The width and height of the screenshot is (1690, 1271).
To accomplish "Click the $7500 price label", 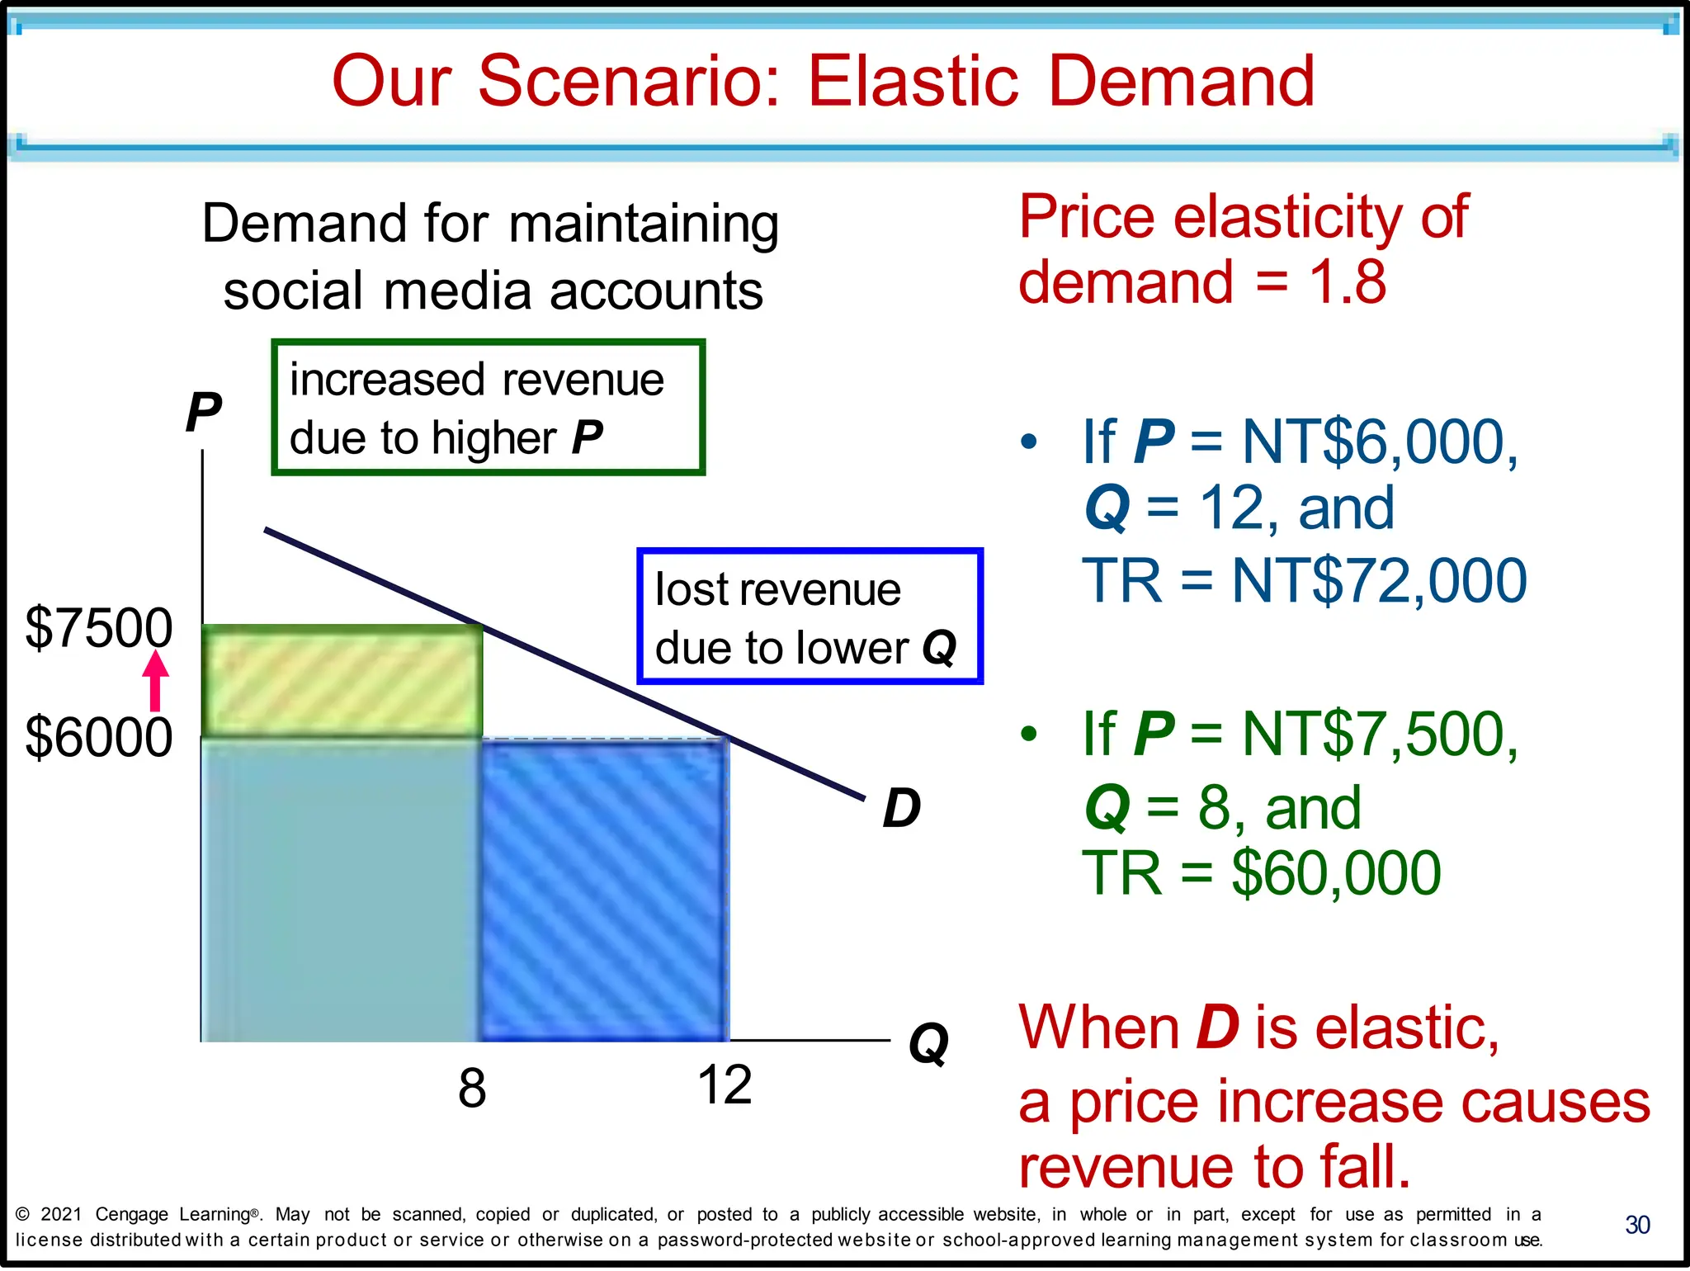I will [99, 628].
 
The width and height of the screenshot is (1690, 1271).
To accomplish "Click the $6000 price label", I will [99, 737].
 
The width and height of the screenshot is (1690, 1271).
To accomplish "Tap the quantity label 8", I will [472, 1089].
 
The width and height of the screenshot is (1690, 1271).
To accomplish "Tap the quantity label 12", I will [725, 1085].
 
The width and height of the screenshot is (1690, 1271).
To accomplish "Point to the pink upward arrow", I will [155, 681].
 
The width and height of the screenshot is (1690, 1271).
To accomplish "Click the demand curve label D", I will [901, 808].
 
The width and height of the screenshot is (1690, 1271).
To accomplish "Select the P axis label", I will [203, 412].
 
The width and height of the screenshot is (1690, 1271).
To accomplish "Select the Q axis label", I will [928, 1045].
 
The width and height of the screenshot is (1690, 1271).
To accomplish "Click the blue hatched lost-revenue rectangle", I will [605, 890].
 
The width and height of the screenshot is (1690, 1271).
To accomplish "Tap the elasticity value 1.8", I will [1348, 282].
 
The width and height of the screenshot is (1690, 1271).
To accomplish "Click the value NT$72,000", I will [1379, 581].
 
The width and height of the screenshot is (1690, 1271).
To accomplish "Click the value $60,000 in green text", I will [1336, 873].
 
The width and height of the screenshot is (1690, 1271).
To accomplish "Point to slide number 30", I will [1637, 1225].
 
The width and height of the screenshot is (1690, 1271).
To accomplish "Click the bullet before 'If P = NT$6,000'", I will [1028, 442].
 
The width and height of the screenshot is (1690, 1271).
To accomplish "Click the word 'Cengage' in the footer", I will [132, 1214].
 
